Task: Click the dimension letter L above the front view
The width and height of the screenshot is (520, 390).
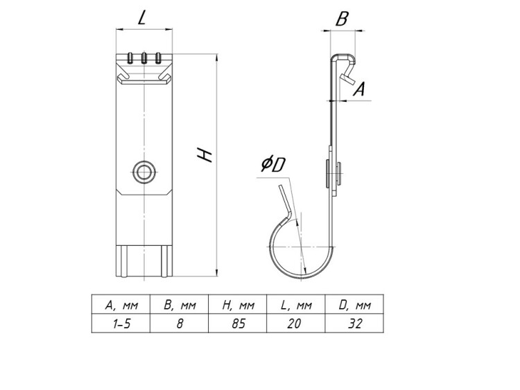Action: coord(142,19)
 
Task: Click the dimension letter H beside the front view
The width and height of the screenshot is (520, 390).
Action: coord(205,155)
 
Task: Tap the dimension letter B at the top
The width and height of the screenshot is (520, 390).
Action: coord(342,19)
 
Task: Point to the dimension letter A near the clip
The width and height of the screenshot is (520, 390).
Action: coord(359,89)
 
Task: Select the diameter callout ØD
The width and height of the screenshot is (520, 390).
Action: coord(273,164)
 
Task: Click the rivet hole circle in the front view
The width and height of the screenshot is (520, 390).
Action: coord(144,172)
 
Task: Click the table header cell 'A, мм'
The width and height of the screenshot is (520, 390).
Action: coord(121,305)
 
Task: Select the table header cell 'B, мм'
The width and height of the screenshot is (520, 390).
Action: coord(180,305)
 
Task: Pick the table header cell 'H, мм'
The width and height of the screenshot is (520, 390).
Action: coord(238,305)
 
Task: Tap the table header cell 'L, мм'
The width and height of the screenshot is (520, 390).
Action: coord(296,305)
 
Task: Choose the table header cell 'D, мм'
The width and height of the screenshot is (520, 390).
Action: coord(354,305)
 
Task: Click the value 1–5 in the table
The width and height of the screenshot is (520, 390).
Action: coord(121,323)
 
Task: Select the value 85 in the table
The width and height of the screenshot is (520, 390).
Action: coord(238,323)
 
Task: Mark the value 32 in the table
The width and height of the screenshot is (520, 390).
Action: coord(354,323)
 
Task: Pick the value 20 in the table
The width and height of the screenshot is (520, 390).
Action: coord(295,323)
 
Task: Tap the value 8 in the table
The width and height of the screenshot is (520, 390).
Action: coord(180,323)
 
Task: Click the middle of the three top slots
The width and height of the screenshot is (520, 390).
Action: coord(144,57)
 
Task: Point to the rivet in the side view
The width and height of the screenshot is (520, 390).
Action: coord(333,172)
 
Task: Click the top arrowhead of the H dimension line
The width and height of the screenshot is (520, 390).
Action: coord(216,57)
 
